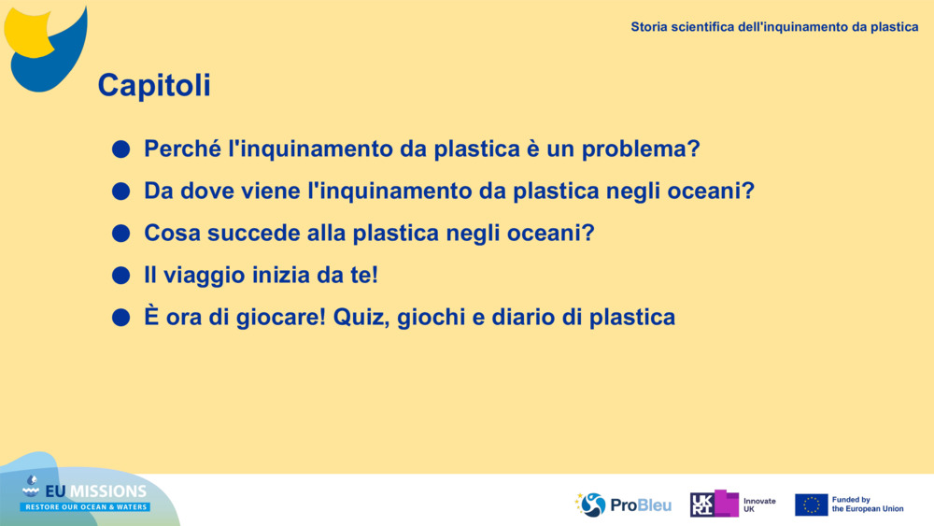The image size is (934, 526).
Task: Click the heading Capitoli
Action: point(154,85)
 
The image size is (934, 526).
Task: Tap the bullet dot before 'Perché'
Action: point(120,149)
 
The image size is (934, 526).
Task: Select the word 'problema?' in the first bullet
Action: point(641,149)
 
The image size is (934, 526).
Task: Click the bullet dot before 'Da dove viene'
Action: point(120,192)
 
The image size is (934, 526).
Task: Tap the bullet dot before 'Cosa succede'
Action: point(120,233)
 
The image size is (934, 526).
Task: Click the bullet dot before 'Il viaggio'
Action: point(120,276)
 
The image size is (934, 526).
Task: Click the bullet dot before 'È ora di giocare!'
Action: point(120,318)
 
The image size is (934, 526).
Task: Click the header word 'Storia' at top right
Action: point(649,27)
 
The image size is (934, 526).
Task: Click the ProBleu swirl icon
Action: point(591,505)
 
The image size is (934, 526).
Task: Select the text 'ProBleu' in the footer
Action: point(641,505)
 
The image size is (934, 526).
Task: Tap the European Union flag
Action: point(812,505)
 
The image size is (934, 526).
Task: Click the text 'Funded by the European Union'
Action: point(868,505)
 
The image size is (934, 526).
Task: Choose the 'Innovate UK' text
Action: point(759,505)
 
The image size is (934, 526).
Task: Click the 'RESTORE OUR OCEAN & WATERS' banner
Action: point(86,507)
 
